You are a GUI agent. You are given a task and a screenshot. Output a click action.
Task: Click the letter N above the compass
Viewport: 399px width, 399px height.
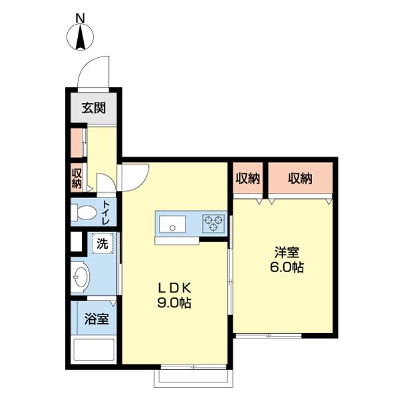coord(80,18)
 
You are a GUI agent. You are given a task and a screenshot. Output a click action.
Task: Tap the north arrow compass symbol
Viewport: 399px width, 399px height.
coord(80,37)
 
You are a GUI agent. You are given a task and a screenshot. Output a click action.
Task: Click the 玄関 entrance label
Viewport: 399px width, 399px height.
coord(94,108)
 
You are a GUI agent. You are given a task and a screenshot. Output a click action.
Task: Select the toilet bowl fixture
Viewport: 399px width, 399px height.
coord(83,212)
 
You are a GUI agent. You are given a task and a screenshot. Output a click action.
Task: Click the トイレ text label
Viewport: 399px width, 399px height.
coord(106,213)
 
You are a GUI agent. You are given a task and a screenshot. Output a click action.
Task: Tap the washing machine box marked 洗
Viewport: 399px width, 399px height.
coord(102,243)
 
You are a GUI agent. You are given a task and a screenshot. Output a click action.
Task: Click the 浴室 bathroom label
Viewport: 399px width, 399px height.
coord(96,319)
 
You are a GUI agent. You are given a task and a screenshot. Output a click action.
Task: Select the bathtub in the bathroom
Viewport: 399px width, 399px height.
coord(94,348)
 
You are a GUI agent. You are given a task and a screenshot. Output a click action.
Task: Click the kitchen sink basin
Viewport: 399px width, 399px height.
coord(172,224)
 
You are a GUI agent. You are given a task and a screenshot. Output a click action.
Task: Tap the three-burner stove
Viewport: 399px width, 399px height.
coord(213,223)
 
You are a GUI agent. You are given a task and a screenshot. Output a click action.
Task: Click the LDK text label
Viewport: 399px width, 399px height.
coord(174,289)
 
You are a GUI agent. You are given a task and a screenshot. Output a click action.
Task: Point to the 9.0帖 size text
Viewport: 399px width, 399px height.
coord(174,303)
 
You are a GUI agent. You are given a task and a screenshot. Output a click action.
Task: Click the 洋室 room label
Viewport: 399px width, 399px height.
coord(287,253)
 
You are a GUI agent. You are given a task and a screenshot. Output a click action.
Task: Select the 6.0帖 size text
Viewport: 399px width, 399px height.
coord(287,267)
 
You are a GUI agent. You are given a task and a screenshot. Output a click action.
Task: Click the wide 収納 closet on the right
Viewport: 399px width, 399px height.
coord(301,178)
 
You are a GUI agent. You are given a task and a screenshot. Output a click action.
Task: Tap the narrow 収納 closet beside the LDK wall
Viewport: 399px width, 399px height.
coord(248,178)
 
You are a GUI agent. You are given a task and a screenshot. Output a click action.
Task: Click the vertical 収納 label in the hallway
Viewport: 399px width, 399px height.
coord(76,178)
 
